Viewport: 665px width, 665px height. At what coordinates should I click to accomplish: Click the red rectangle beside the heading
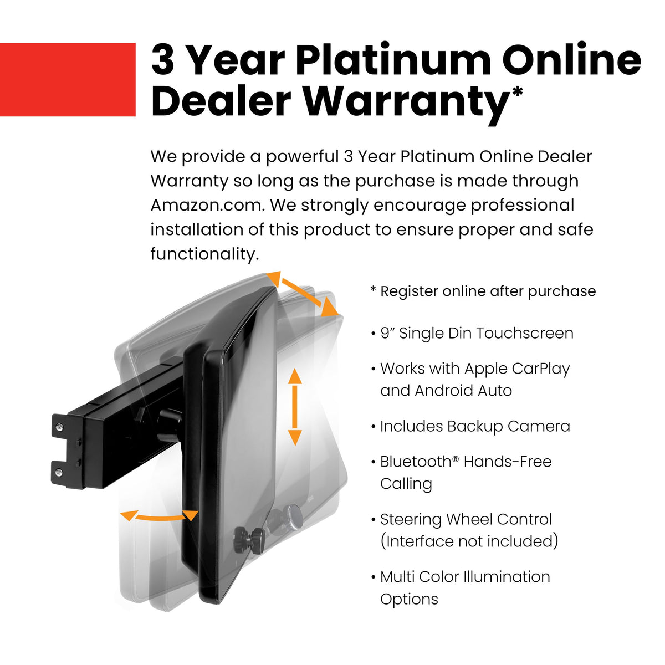(x=68, y=79)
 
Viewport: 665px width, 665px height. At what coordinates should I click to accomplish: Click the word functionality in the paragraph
(x=204, y=254)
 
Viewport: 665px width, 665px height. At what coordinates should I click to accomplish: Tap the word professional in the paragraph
(x=522, y=206)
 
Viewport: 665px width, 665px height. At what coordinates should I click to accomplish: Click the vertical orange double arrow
(x=295, y=407)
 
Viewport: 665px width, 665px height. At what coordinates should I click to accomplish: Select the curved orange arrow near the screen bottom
(x=158, y=516)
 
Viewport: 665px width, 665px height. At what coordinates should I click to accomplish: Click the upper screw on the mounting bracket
(x=60, y=428)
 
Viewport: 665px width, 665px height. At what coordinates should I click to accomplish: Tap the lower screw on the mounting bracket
(x=59, y=472)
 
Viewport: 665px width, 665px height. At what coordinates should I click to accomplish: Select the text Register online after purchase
(x=488, y=291)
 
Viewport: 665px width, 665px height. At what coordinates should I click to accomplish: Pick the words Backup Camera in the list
(x=508, y=427)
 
